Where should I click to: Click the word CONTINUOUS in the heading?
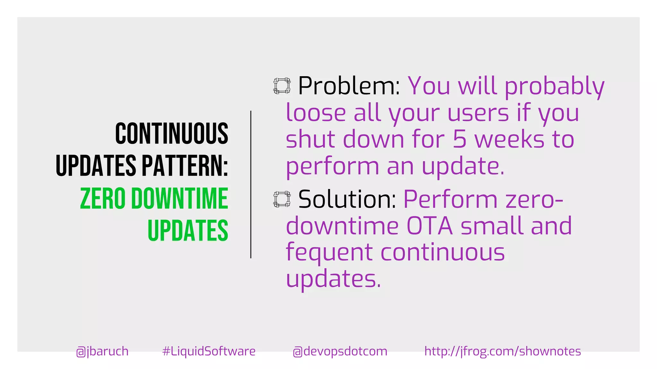point(172,133)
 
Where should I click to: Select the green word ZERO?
point(103,199)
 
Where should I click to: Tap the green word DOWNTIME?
point(180,199)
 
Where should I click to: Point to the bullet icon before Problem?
point(282,86)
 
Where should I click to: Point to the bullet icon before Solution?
point(282,199)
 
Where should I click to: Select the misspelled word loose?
point(316,113)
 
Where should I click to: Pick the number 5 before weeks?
point(459,140)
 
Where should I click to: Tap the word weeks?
point(509,140)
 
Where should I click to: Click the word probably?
point(554,86)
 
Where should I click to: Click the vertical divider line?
point(251,184)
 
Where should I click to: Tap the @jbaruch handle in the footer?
point(102,351)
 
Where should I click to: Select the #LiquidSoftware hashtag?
point(209,351)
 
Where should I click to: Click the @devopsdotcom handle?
point(340,351)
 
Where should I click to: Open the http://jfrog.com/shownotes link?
point(502,351)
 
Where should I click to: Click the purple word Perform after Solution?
point(450,199)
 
